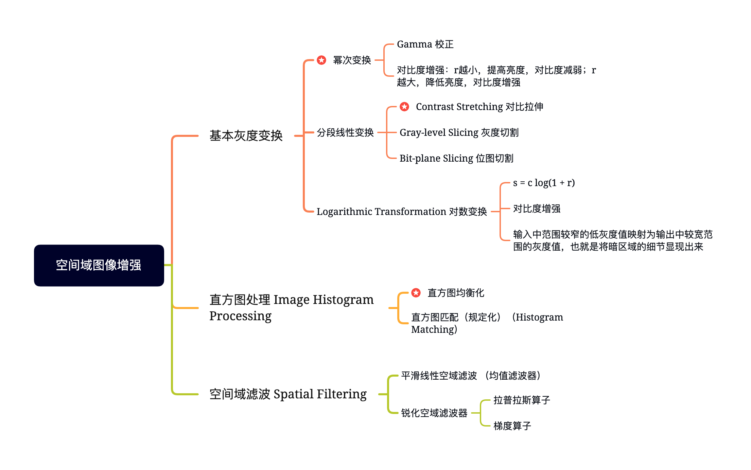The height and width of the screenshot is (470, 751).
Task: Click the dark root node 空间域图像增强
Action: pos(99,265)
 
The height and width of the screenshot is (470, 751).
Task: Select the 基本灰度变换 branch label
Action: pos(246,135)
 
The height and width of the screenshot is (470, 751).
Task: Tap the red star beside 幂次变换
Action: pos(321,60)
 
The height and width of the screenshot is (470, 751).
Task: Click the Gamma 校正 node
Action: pos(425,44)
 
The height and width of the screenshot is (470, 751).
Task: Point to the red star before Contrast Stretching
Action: pos(404,107)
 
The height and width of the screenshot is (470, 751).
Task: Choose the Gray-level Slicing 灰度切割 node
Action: pos(459,132)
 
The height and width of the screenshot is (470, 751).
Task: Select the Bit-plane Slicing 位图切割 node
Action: pos(456,158)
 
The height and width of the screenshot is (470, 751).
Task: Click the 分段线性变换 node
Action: pos(345,132)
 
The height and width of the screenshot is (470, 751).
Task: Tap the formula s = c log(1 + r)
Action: pos(544,183)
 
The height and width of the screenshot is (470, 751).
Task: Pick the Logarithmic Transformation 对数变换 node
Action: pos(402,211)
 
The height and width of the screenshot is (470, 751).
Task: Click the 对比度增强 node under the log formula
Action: pos(537,209)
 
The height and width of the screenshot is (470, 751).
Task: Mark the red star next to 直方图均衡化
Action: pos(416,292)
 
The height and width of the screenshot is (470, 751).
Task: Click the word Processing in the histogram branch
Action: pos(240,316)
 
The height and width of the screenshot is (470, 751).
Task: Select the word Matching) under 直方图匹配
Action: pos(434,329)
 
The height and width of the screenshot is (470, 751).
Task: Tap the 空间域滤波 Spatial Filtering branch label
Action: pos(288,394)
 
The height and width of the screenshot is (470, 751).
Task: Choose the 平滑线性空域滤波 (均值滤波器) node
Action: pos(471,376)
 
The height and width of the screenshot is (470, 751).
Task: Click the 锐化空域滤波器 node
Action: pos(434,413)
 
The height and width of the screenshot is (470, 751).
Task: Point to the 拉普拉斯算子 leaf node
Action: pos(522,400)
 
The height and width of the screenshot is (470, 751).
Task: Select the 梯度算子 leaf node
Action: pos(512,426)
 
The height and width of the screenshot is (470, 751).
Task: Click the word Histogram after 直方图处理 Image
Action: pos(343,300)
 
